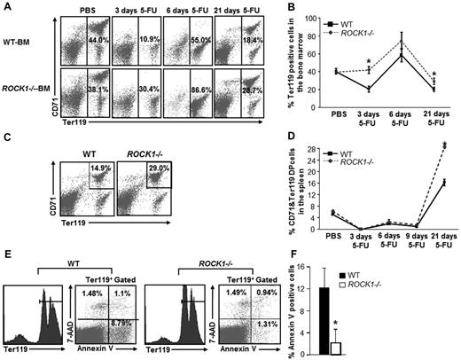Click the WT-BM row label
29,39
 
